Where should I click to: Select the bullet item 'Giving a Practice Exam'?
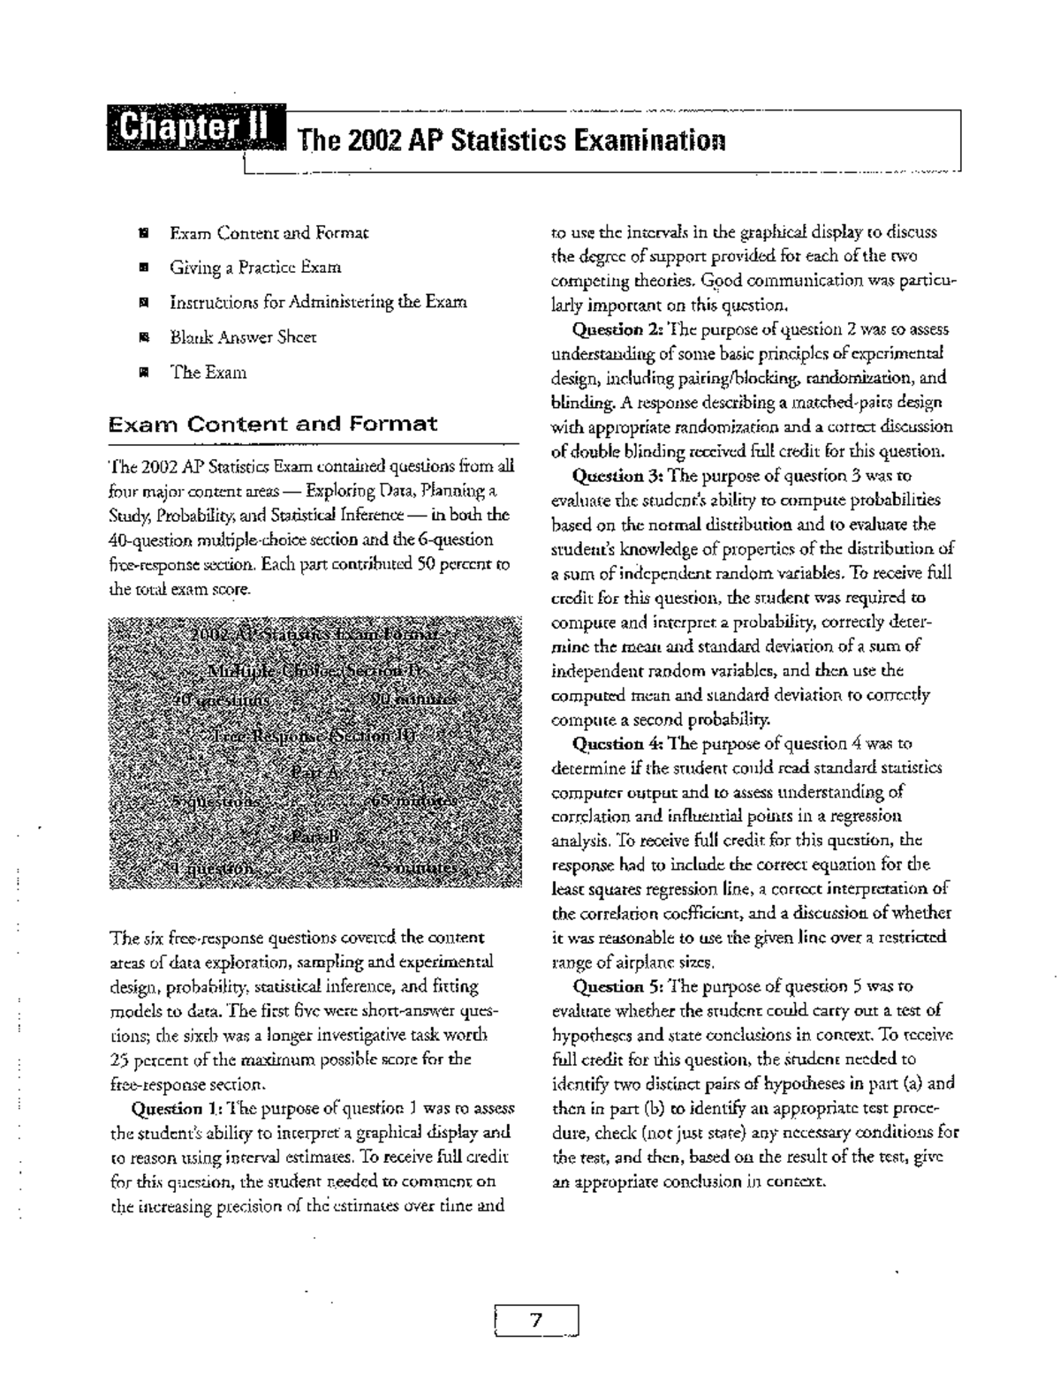pos(255,267)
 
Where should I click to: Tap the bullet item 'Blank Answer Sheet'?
pos(243,336)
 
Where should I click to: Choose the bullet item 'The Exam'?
pos(208,372)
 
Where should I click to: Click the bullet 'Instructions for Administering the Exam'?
pos(318,302)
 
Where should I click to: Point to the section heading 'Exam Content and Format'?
pos(272,424)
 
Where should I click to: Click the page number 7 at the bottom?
pos(535,1321)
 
